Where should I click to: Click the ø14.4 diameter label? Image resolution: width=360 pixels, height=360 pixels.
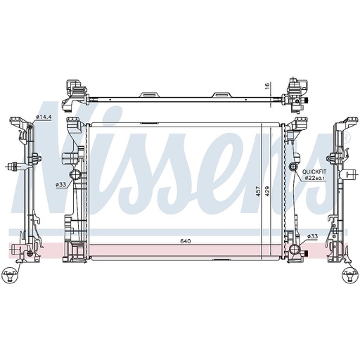click(44, 117)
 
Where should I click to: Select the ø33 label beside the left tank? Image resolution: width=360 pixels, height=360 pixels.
click(60, 185)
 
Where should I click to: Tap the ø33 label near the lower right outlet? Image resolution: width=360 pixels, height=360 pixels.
click(313, 236)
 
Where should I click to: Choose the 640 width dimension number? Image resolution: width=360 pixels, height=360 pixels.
click(186, 241)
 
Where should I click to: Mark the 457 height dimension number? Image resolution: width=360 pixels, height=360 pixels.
click(258, 191)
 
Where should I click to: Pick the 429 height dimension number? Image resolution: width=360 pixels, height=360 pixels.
click(268, 191)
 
